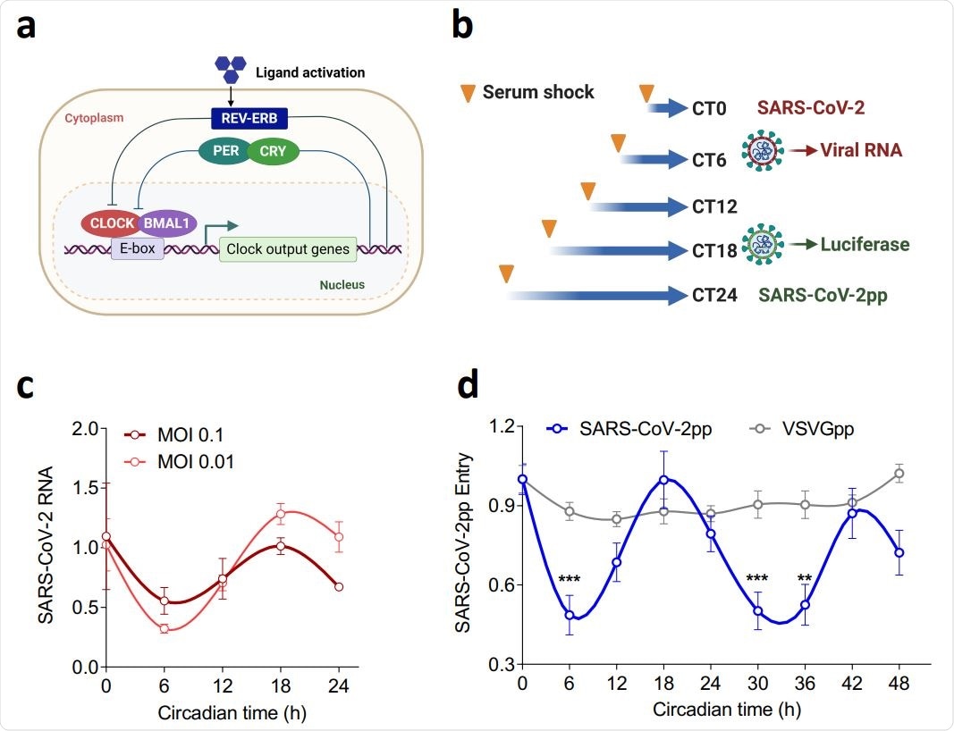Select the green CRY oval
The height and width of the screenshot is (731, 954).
point(273,151)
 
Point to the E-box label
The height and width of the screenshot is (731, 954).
point(137,248)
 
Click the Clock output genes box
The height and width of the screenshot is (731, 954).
point(288,248)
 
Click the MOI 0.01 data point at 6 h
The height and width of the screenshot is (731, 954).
point(164,629)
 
